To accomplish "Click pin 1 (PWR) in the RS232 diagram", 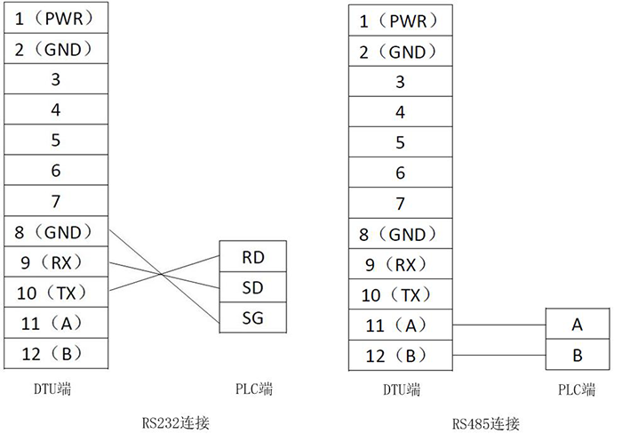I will pyautogui.click(x=55, y=19).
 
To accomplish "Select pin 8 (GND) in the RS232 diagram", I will pyautogui.click(x=55, y=232).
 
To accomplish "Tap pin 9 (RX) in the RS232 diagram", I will pyautogui.click(x=55, y=262).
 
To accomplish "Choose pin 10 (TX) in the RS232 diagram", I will pyautogui.click(x=55, y=293).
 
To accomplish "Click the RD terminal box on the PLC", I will pyautogui.click(x=252, y=257).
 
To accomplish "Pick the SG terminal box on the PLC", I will pyautogui.click(x=252, y=317).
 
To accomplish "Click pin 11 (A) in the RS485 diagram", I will pyautogui.click(x=399, y=325).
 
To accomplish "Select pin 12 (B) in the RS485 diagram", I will pyautogui.click(x=399, y=356).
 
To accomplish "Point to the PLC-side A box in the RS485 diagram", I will pyautogui.click(x=578, y=325).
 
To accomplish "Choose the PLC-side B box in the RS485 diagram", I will pyautogui.click(x=578, y=355).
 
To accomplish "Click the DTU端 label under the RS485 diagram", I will pyautogui.click(x=401, y=390).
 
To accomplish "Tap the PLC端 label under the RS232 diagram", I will pyautogui.click(x=253, y=390).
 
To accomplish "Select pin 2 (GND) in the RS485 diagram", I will pyautogui.click(x=399, y=52).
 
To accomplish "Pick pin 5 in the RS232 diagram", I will pyautogui.click(x=55, y=140).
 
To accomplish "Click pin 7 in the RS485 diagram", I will pyautogui.click(x=399, y=204).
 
